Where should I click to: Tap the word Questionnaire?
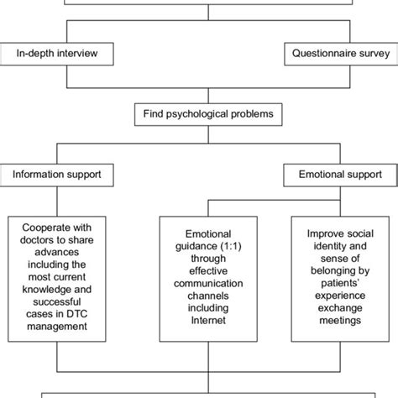point(314,54)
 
